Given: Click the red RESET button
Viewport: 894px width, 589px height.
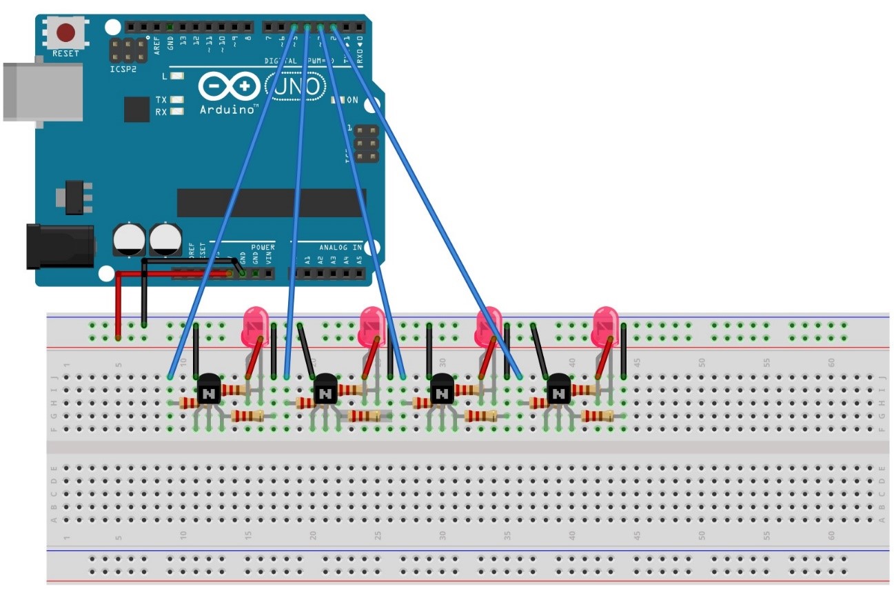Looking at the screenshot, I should (x=66, y=32).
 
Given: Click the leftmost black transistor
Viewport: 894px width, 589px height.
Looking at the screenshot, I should (x=208, y=390).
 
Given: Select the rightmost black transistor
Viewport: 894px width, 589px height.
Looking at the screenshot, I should (x=559, y=390).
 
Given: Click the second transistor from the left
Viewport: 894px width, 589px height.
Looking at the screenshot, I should (x=325, y=390).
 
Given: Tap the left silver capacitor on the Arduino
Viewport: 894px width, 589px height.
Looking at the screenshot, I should (x=130, y=238).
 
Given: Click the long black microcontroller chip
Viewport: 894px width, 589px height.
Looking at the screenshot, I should (x=270, y=203).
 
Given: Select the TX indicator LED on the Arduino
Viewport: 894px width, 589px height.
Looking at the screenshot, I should (x=177, y=100).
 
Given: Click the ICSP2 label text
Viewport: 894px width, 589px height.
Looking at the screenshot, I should (x=123, y=69).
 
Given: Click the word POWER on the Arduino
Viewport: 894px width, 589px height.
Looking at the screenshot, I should (x=263, y=247).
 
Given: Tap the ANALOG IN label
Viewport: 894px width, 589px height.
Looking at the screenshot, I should (x=340, y=247).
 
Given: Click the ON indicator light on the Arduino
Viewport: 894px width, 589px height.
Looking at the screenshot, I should (x=337, y=100).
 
